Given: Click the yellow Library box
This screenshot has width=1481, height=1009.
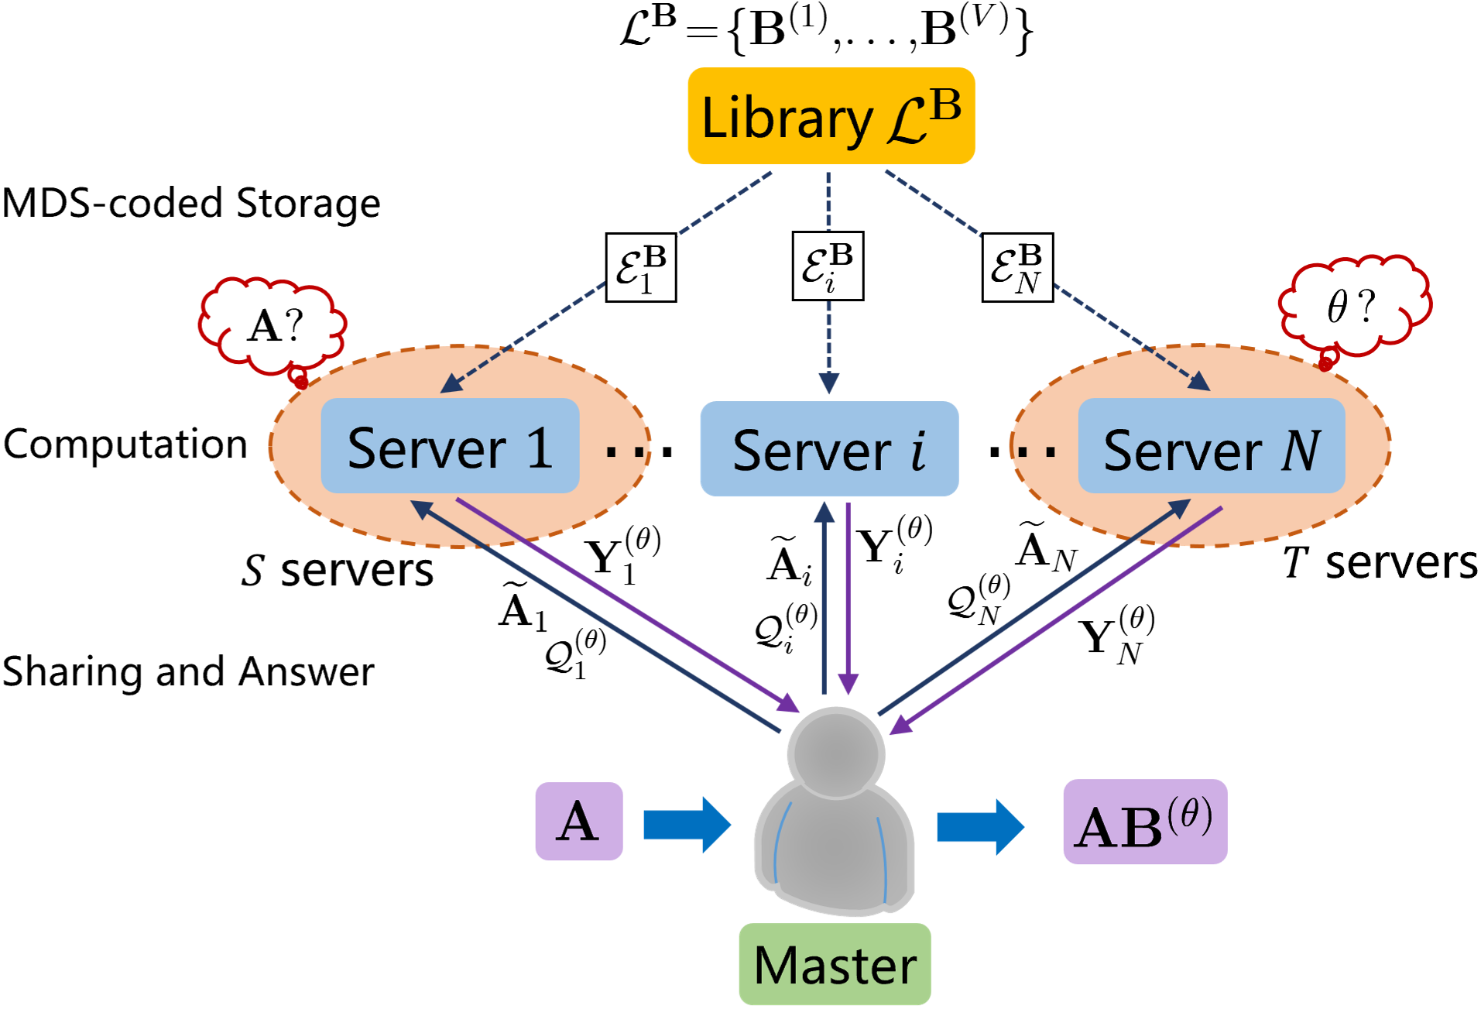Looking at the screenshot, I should pyautogui.click(x=831, y=116).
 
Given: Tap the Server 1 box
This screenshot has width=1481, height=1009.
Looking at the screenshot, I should pyautogui.click(x=450, y=447).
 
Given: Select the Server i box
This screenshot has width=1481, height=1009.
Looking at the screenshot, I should pyautogui.click(x=829, y=449).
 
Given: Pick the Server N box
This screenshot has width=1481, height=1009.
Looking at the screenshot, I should pyautogui.click(x=1211, y=447).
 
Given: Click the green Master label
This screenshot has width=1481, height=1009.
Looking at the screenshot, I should pyautogui.click(x=835, y=964).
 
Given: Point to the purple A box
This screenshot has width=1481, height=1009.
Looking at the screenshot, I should pyautogui.click(x=578, y=821).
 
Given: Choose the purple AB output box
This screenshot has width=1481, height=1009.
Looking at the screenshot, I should pyautogui.click(x=1144, y=822).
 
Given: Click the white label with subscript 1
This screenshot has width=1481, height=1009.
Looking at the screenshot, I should pyautogui.click(x=641, y=267).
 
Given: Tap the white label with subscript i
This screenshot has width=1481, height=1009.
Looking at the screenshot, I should pyautogui.click(x=828, y=266).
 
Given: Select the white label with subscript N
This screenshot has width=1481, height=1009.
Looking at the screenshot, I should pyautogui.click(x=1017, y=267).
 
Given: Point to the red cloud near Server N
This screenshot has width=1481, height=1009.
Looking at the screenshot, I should pyautogui.click(x=1353, y=306).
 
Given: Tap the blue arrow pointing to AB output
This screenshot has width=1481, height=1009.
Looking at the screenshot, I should pyautogui.click(x=980, y=827).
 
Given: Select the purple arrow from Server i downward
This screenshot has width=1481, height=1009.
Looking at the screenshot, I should pyautogui.click(x=848, y=596).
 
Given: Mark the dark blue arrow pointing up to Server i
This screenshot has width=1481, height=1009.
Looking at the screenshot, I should pyautogui.click(x=824, y=596).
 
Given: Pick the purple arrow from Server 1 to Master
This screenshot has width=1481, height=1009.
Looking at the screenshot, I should pyautogui.click(x=627, y=605).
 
